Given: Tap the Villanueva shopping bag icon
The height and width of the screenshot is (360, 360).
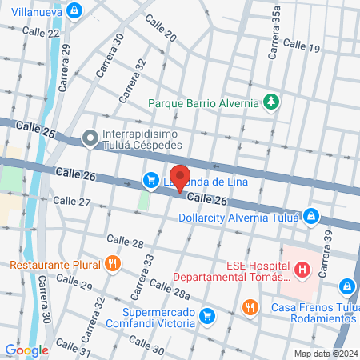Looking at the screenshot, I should pos(74,10).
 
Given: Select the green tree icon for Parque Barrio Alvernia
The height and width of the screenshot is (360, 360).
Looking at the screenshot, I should pos(272,102).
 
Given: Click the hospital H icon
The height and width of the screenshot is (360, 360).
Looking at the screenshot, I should pos(302,270).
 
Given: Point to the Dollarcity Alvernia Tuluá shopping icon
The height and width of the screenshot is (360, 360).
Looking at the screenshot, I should pos(313,216).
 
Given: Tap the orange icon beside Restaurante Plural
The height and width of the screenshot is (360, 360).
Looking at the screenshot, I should pos(112,263).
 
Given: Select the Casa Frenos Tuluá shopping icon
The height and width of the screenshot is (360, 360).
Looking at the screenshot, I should pos(346,286).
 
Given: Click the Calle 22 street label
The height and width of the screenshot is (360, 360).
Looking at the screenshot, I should pos(41,32).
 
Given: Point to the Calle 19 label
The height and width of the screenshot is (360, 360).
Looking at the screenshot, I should pos(302,49).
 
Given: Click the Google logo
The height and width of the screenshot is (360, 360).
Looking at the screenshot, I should pos(26,350).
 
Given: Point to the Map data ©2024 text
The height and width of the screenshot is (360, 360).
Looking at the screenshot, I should pos(325,354).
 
